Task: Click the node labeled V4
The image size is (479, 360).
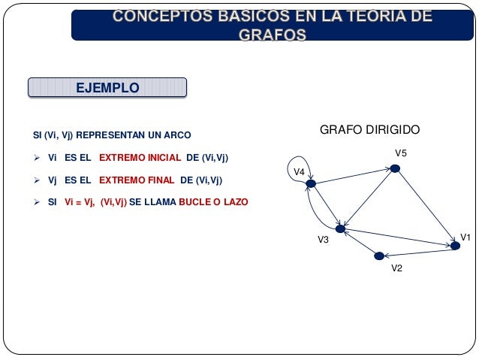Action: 310,183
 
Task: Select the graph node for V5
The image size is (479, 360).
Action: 395,168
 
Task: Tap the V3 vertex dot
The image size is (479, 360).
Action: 340,228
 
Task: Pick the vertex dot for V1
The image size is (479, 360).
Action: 455,246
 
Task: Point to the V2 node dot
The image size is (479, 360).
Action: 379,256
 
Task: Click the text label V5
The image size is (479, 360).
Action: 401,154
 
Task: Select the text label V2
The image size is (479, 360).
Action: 397,269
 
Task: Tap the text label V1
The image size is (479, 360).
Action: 465,237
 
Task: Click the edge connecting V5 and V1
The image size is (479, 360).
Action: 425,207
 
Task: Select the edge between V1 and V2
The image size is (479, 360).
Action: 417,251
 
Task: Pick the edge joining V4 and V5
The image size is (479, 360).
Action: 353,176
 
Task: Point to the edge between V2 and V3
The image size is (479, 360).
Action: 360,241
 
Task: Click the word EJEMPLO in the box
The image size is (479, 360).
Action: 107,88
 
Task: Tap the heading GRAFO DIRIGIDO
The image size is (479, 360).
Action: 370,130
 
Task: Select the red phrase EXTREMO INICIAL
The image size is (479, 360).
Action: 140,158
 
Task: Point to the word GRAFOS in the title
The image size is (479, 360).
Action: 273,34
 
